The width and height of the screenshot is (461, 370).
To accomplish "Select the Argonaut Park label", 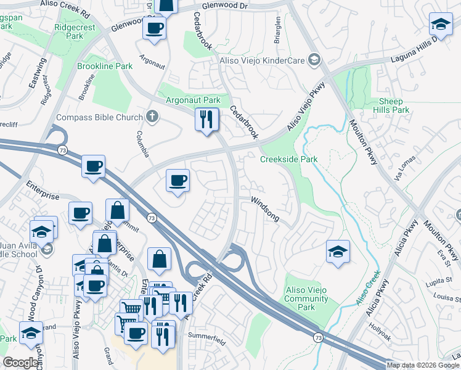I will click(x=193, y=100).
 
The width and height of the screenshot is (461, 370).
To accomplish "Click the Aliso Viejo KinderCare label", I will click(x=263, y=60).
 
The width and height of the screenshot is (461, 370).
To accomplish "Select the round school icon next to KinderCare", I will click(x=314, y=60).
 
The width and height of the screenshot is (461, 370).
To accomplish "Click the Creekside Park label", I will click(x=288, y=159).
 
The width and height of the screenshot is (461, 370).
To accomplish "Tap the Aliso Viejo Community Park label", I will click(x=308, y=298).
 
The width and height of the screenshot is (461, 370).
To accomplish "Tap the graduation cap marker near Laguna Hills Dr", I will click(x=440, y=24).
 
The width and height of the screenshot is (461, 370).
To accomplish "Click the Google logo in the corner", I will click(x=22, y=363).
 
